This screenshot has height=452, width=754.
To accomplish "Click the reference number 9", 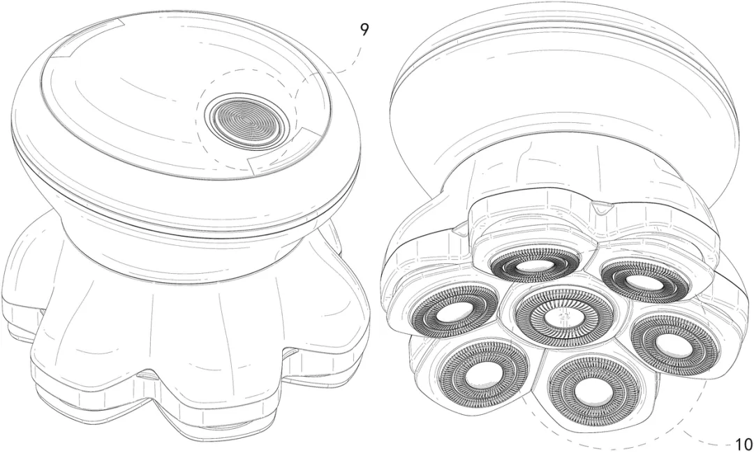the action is [364, 30].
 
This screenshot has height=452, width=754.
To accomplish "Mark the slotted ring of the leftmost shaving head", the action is [454, 310].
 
